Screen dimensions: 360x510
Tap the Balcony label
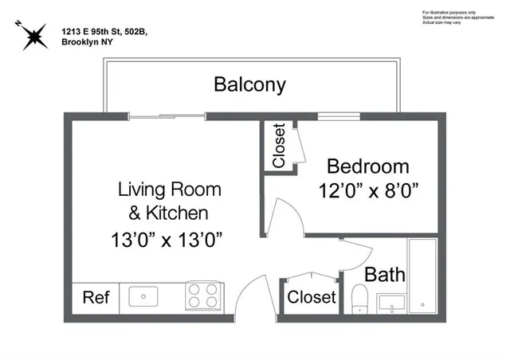click(x=249, y=84)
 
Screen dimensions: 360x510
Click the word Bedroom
click(x=368, y=167)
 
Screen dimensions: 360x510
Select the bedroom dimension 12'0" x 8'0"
click(x=368, y=191)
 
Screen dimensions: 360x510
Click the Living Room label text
click(x=170, y=190)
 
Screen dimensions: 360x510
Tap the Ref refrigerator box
click(x=96, y=298)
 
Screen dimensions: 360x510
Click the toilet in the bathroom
click(x=359, y=299)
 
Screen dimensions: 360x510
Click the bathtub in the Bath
click(x=422, y=276)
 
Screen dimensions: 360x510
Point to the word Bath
click(x=385, y=275)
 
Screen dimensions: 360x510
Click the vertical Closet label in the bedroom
click(x=279, y=147)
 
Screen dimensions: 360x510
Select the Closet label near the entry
click(x=311, y=298)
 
